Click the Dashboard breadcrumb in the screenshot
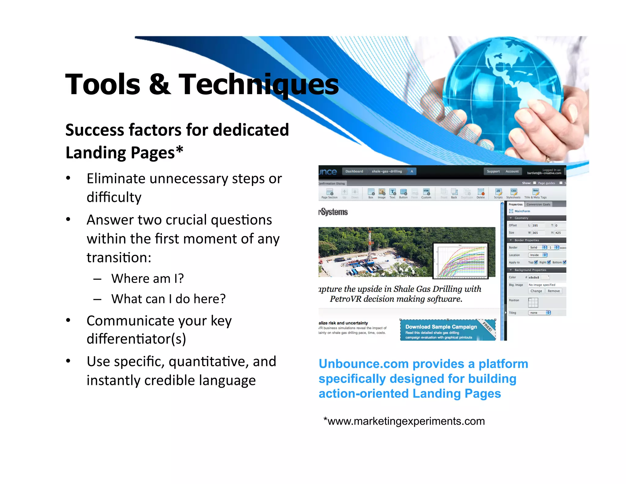tap(354, 171)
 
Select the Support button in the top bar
tap(493, 171)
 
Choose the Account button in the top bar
tap(512, 171)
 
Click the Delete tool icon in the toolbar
tap(481, 192)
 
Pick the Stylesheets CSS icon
tap(514, 192)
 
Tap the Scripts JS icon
tap(498, 192)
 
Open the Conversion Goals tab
tap(538, 204)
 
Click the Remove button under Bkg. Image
tap(554, 291)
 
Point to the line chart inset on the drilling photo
tap(460, 260)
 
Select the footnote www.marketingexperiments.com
tap(404, 421)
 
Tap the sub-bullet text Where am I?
tap(147, 279)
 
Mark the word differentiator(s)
tap(136, 339)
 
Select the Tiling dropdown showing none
tap(539, 313)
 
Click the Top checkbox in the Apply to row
tap(536, 262)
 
